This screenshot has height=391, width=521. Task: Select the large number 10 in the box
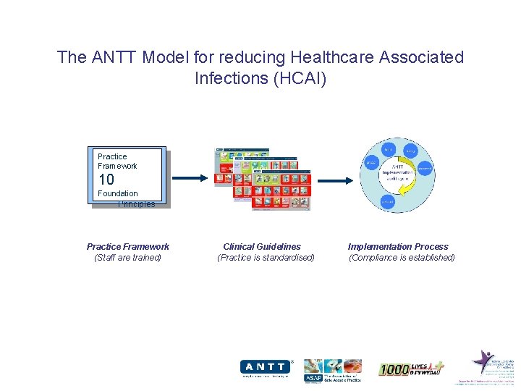coord(106,180)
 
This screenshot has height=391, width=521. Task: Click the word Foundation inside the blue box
coord(117,193)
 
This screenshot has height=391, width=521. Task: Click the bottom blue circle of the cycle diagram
coord(388,202)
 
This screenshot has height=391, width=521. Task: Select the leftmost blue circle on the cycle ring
coord(371,163)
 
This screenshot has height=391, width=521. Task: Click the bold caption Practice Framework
coord(128,247)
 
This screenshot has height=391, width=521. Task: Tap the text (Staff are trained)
coord(128,258)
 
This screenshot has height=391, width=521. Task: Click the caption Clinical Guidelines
coord(262,247)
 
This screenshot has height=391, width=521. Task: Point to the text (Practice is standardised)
coord(266,258)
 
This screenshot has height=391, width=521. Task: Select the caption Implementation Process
coord(398,247)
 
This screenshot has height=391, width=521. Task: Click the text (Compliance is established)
coord(402,258)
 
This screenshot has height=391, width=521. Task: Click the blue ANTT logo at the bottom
coord(265,368)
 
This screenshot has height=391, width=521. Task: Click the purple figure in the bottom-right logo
coord(482,360)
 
